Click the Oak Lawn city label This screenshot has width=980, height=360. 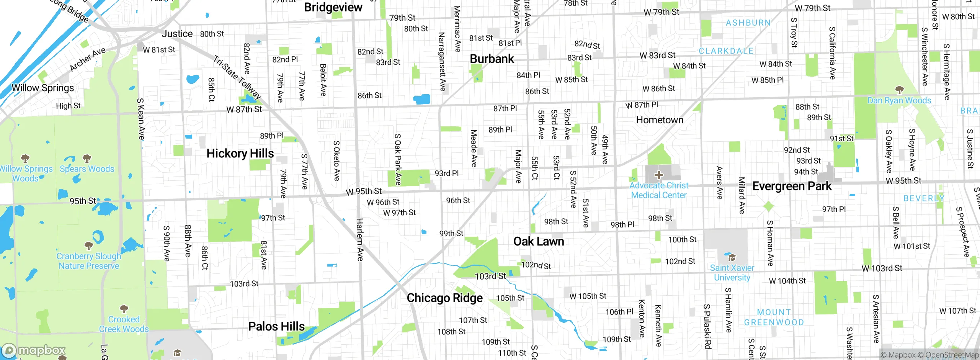point(539,242)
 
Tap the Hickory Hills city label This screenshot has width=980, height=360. point(240,154)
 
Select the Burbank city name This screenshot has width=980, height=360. point(492,59)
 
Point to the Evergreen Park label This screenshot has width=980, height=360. point(792,187)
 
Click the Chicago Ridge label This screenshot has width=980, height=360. point(444,298)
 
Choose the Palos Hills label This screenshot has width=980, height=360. point(276,327)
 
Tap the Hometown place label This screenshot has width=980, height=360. point(660,120)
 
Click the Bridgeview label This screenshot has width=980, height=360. point(333,7)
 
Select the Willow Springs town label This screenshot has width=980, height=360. point(43,88)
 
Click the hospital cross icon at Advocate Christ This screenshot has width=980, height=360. point(658,175)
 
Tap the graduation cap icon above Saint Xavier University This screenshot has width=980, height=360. point(732,257)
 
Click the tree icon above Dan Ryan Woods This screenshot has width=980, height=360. point(899,90)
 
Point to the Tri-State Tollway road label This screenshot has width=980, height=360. point(237,77)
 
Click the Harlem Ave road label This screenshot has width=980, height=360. point(360,240)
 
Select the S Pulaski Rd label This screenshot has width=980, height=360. point(707,326)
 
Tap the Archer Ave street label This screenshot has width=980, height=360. point(87,59)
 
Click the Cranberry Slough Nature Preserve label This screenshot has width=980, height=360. point(88,261)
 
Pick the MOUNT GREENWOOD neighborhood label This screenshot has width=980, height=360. point(774,317)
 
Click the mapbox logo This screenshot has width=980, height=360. point(34,350)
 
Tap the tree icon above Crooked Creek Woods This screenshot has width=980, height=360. point(124,309)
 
